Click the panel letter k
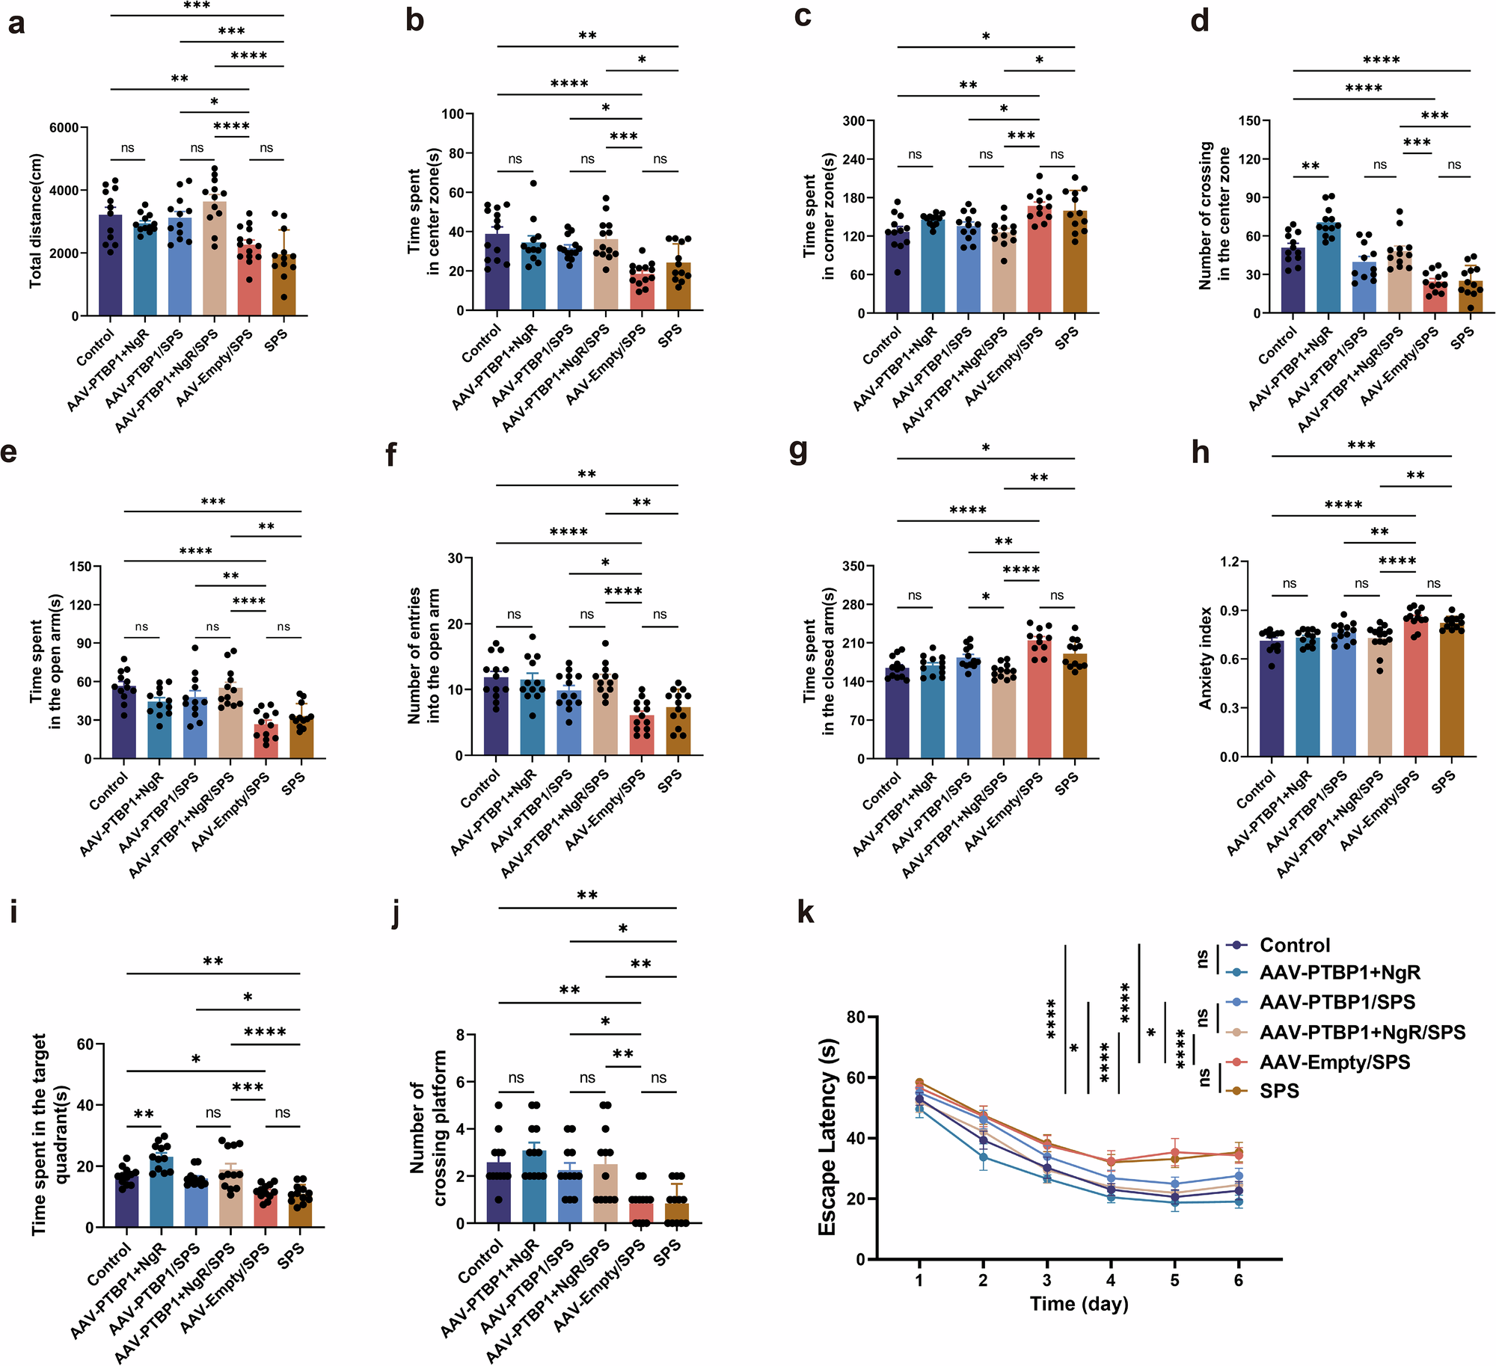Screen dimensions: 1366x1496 tap(805, 912)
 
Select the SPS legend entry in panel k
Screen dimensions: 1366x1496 tap(1279, 1091)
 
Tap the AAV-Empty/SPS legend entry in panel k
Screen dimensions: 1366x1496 tap(1334, 1062)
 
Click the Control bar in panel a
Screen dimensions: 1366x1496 tap(110, 265)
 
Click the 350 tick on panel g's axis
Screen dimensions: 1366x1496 tap(853, 566)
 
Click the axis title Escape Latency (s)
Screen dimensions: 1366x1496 tap(827, 1137)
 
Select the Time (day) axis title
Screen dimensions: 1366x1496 tap(1079, 1304)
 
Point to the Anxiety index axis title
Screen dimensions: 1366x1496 tap(1205, 658)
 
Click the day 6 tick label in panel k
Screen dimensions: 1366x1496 tap(1239, 1280)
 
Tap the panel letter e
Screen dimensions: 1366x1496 tap(10, 453)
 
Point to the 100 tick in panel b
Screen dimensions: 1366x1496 tap(453, 114)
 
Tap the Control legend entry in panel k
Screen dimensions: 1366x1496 tap(1294, 945)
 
